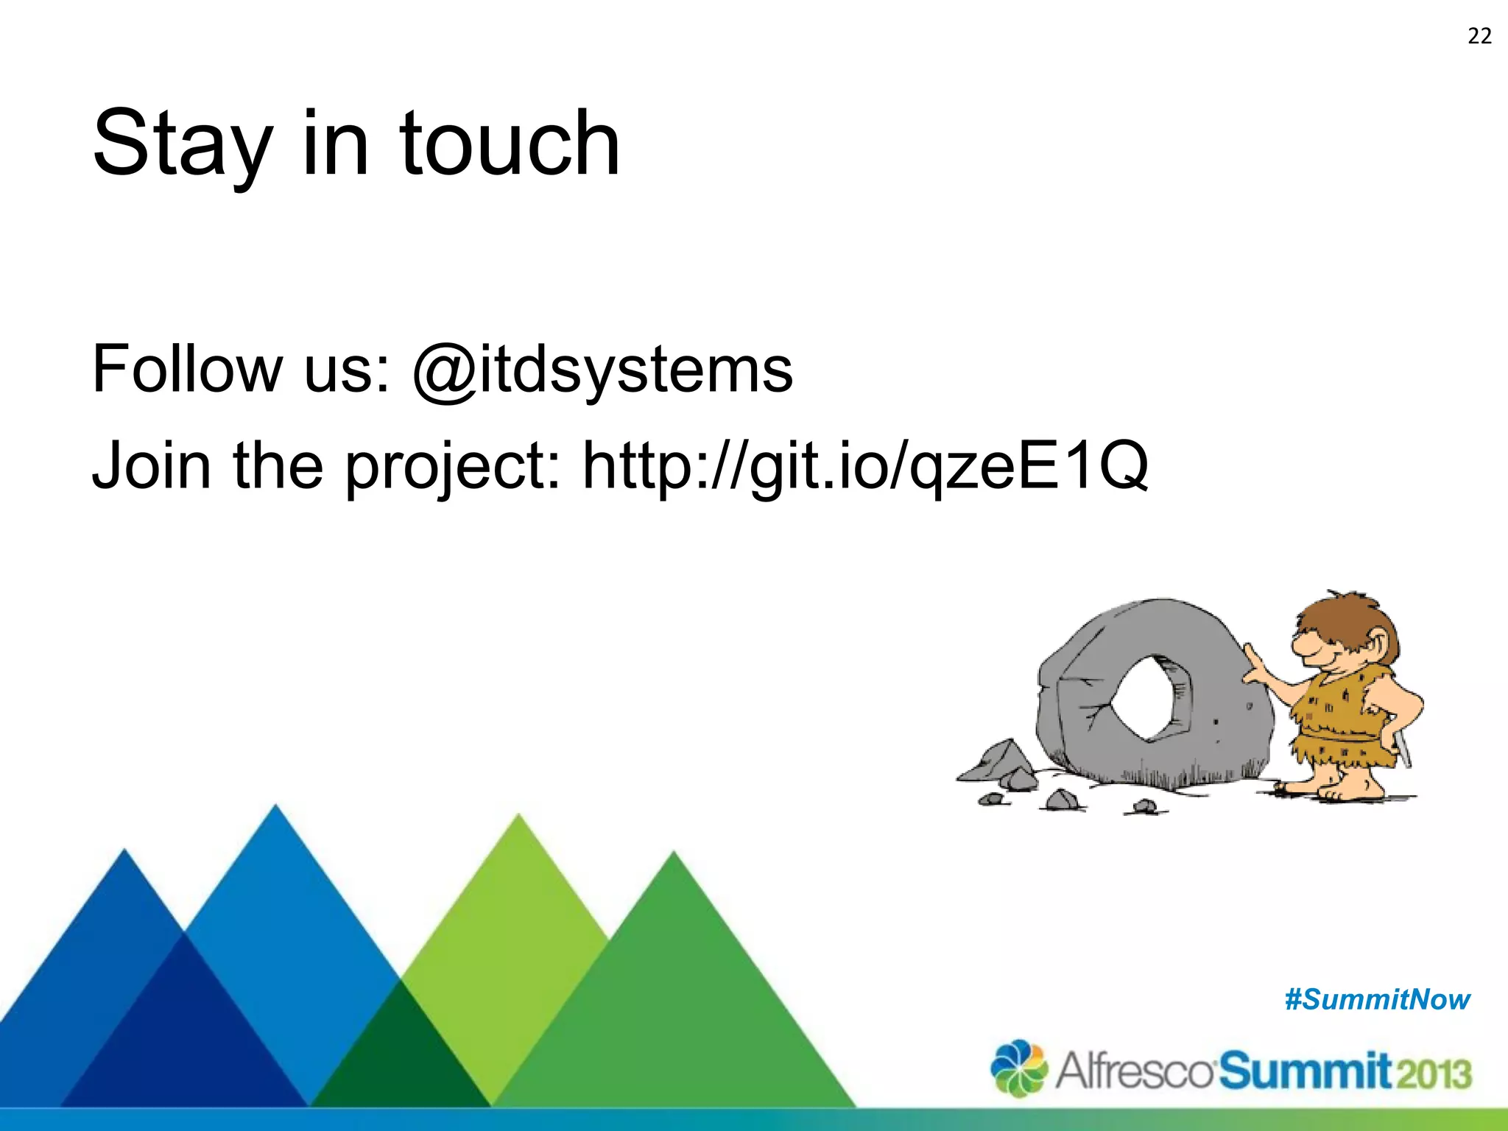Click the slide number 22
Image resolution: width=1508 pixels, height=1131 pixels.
click(x=1479, y=36)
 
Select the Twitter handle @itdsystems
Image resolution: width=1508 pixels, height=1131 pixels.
click(x=602, y=370)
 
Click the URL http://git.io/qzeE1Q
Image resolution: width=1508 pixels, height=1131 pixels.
click(x=864, y=465)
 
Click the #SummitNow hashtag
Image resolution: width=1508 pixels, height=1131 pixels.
click(x=1377, y=1000)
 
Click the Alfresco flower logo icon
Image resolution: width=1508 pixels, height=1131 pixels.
click(x=1018, y=1068)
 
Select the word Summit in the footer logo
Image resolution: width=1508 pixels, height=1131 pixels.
click(x=1305, y=1071)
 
